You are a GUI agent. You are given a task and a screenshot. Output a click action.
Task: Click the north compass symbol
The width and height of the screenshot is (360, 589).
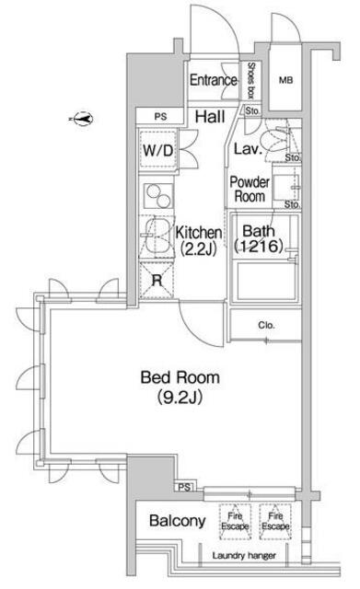tap(83, 119)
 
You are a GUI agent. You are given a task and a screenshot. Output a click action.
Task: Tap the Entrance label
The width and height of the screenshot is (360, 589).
tap(213, 80)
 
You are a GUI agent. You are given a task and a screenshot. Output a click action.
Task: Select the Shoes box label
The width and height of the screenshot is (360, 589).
tap(250, 80)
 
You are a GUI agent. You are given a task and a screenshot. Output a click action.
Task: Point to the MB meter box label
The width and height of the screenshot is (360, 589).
tap(286, 80)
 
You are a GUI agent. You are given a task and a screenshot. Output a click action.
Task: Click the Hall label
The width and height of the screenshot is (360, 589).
tap(210, 117)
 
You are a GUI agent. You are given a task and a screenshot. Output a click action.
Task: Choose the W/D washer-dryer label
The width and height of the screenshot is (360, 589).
tap(157, 151)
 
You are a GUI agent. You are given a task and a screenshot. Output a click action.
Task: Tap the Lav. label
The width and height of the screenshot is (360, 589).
tap(248, 149)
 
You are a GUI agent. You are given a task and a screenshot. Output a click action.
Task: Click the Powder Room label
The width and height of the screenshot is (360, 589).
tap(250, 189)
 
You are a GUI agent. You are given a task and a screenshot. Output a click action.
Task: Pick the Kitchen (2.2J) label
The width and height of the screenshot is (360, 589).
tap(198, 240)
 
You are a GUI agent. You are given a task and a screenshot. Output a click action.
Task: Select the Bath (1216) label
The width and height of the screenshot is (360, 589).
tap(259, 238)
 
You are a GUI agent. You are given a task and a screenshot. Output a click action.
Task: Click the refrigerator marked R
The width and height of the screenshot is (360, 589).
tap(157, 281)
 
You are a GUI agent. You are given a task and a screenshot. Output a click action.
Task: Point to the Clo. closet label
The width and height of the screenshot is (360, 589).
tap(266, 325)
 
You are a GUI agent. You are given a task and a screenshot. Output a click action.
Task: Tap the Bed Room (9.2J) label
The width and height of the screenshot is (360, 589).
tap(180, 387)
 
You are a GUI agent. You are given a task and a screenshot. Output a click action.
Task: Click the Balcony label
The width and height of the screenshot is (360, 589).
tap(178, 521)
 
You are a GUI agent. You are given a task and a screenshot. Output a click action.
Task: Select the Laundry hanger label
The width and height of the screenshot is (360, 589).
tap(244, 556)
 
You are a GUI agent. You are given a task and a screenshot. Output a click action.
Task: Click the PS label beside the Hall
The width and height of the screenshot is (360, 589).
tap(160, 117)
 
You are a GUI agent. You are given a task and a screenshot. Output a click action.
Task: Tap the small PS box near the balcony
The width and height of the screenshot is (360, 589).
tap(184, 487)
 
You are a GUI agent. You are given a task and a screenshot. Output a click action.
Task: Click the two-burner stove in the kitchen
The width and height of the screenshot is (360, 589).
tap(157, 196)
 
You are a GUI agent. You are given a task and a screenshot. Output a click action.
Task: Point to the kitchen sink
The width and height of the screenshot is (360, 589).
tap(157, 237)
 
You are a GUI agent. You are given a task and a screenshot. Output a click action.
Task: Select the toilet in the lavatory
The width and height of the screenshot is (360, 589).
tap(275, 141)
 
